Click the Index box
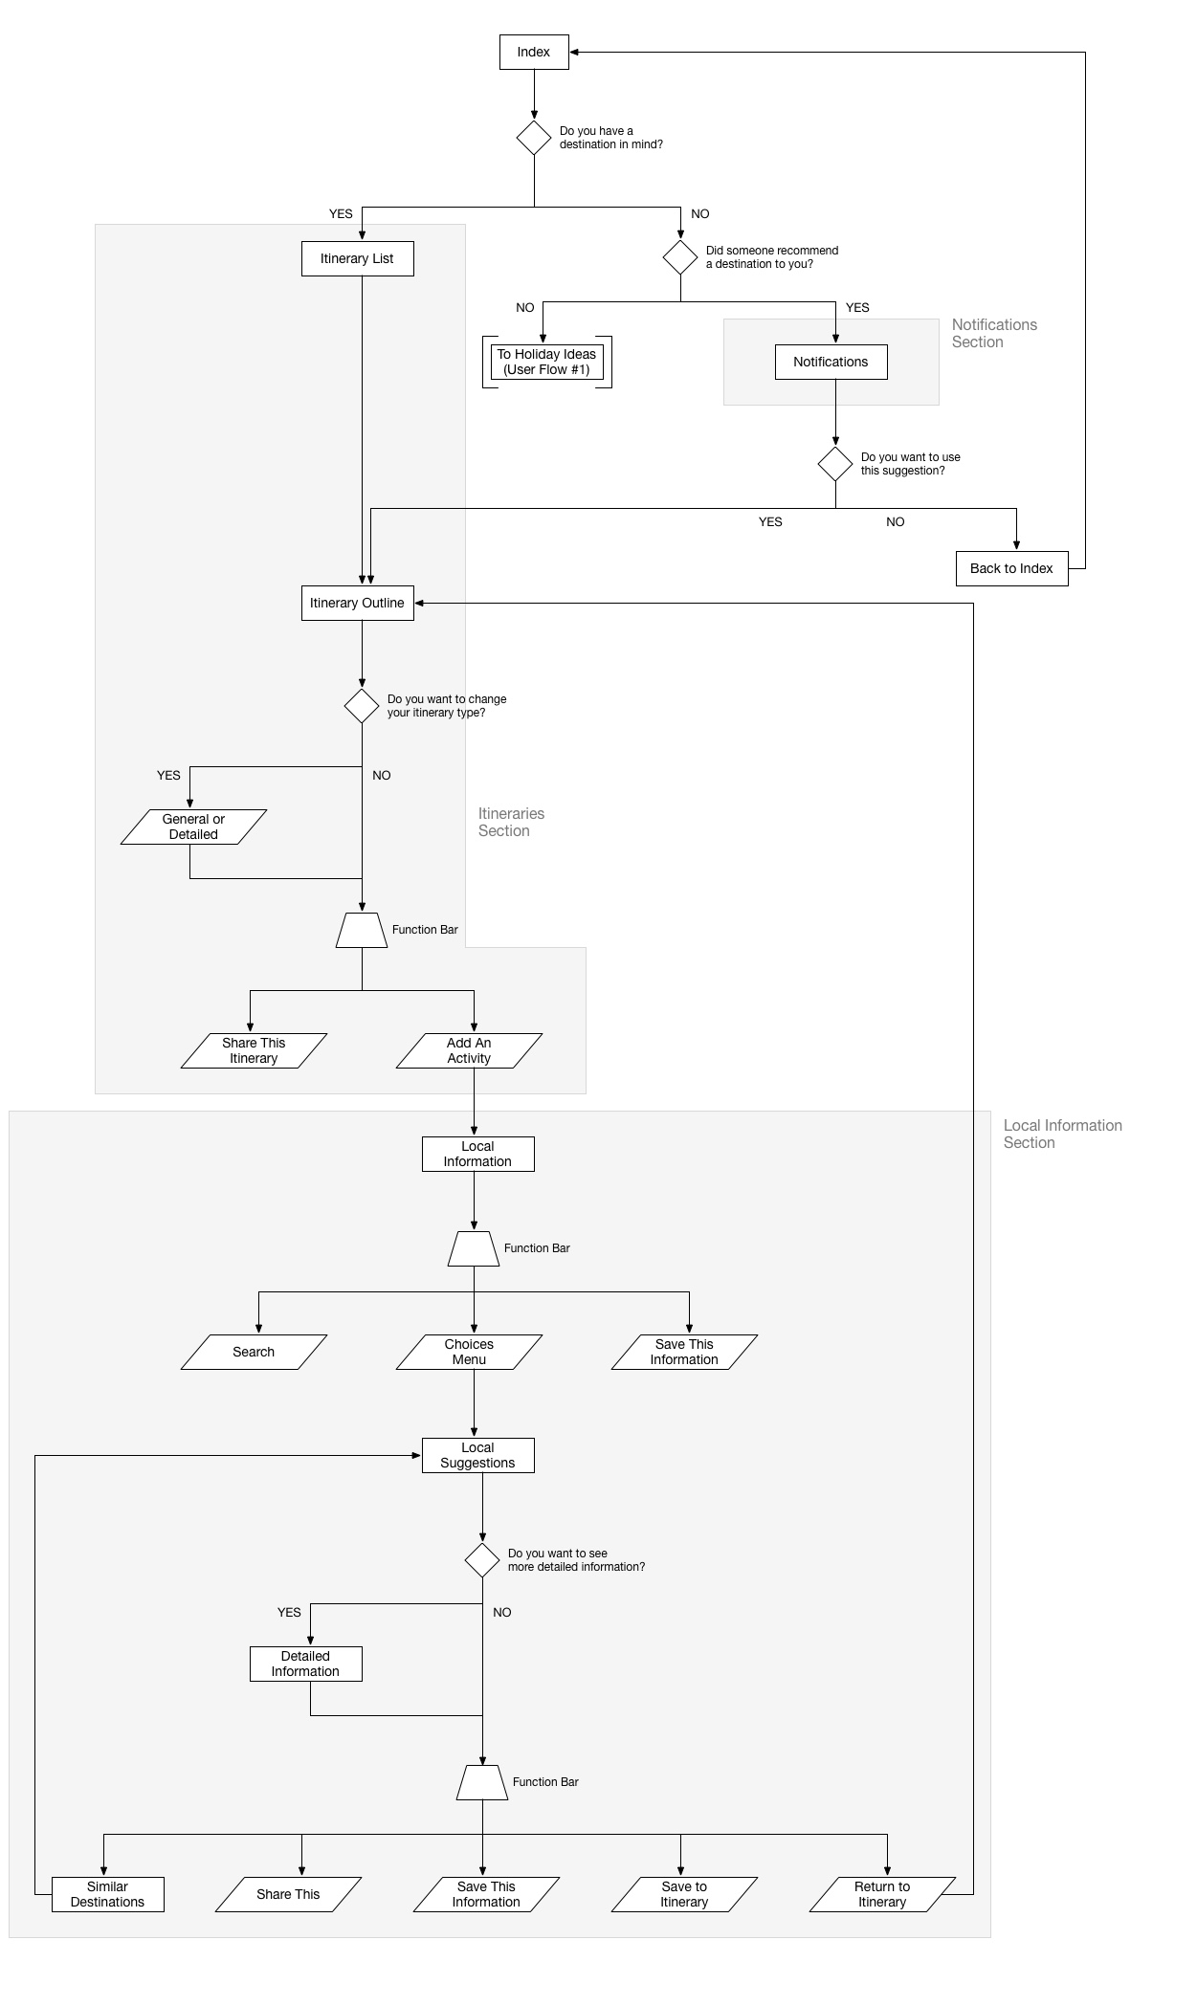point(534,52)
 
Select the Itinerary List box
point(358,258)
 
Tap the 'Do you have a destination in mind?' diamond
point(534,138)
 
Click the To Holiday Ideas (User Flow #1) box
point(546,362)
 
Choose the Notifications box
point(831,362)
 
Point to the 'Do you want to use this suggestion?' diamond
point(835,464)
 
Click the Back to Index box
point(1012,568)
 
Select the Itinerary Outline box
point(358,603)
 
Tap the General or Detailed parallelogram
point(193,827)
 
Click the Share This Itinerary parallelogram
point(254,1050)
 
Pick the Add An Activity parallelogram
point(469,1050)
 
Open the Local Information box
point(478,1154)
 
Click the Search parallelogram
point(254,1352)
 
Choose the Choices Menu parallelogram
point(469,1352)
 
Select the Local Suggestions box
point(478,1455)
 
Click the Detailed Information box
point(306,1664)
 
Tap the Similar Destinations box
point(108,1894)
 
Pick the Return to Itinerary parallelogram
point(882,1894)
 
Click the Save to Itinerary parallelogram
point(684,1894)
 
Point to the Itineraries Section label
point(512,822)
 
